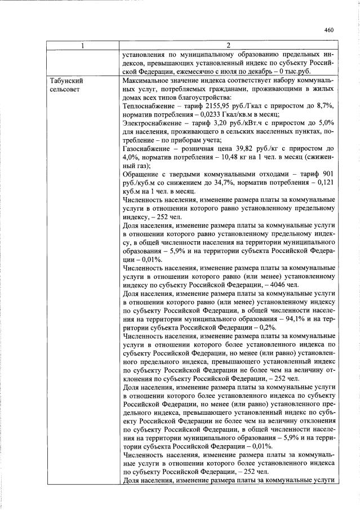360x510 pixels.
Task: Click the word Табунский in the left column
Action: point(67,81)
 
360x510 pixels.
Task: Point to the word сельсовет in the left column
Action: point(65,90)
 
